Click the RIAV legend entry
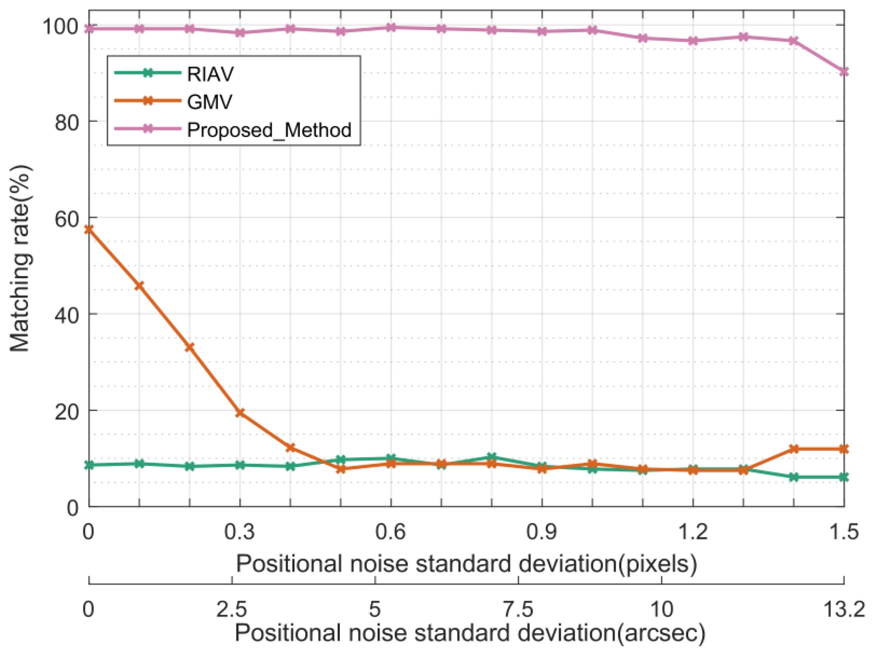pos(210,74)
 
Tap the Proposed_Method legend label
pos(269,130)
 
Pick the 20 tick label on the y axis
pos(66,412)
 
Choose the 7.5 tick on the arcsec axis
pos(518,609)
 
